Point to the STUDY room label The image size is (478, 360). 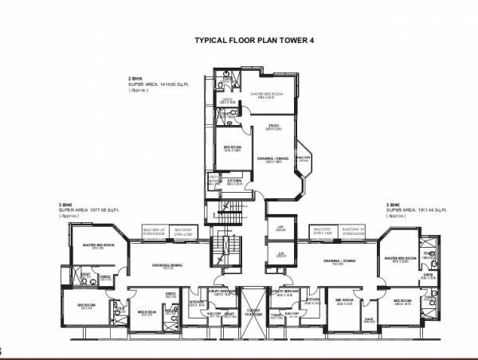272,125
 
